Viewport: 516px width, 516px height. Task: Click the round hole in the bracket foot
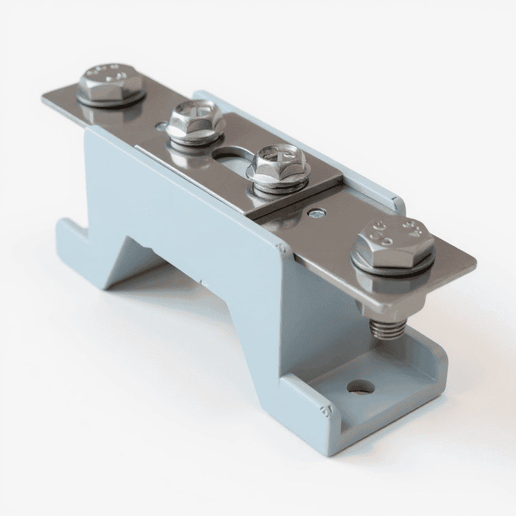[361, 388]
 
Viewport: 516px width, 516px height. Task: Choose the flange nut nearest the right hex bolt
[279, 165]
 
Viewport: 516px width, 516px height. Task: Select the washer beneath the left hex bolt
[111, 100]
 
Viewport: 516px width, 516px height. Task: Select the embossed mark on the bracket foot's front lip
[321, 408]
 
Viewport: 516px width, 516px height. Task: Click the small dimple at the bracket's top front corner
[280, 248]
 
